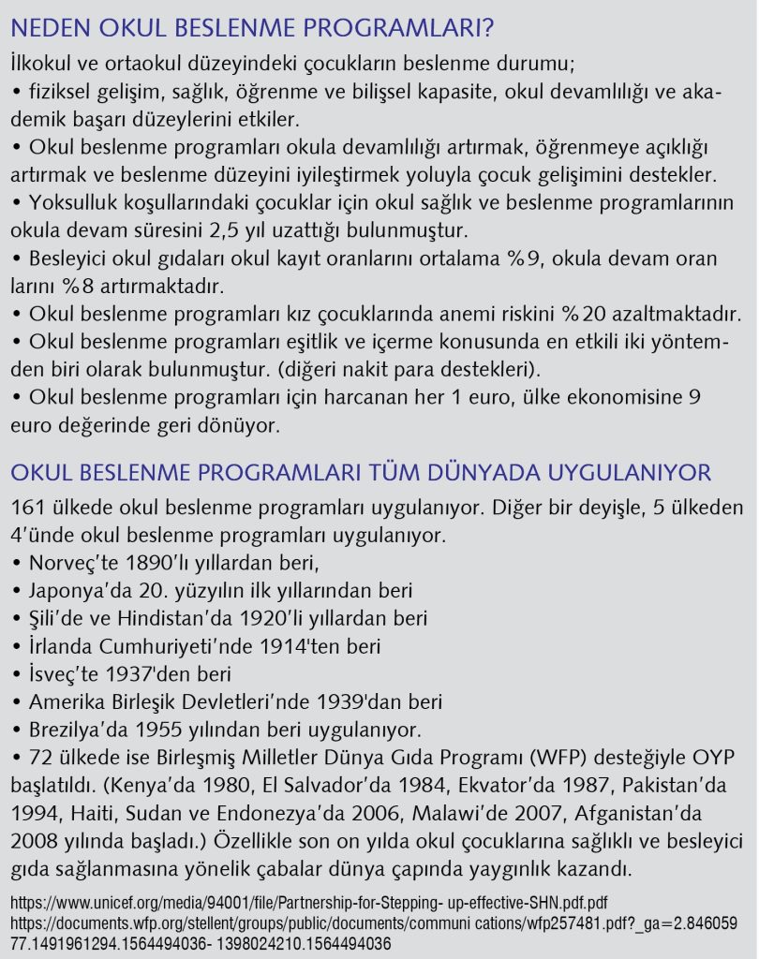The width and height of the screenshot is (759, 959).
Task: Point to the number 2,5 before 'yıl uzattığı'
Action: click(270, 229)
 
